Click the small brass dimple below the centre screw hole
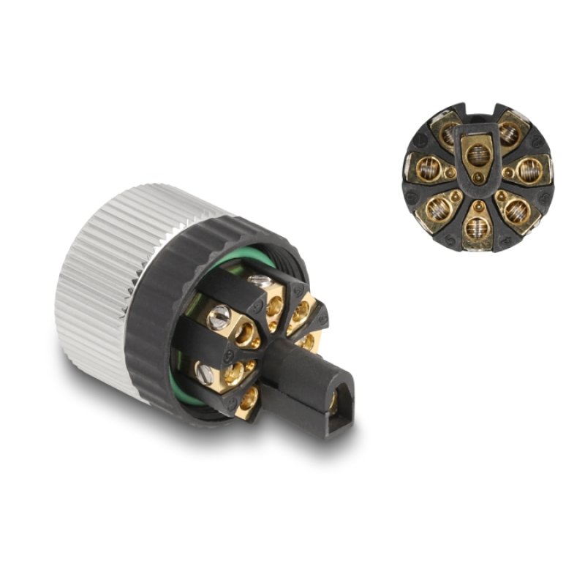478,178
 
